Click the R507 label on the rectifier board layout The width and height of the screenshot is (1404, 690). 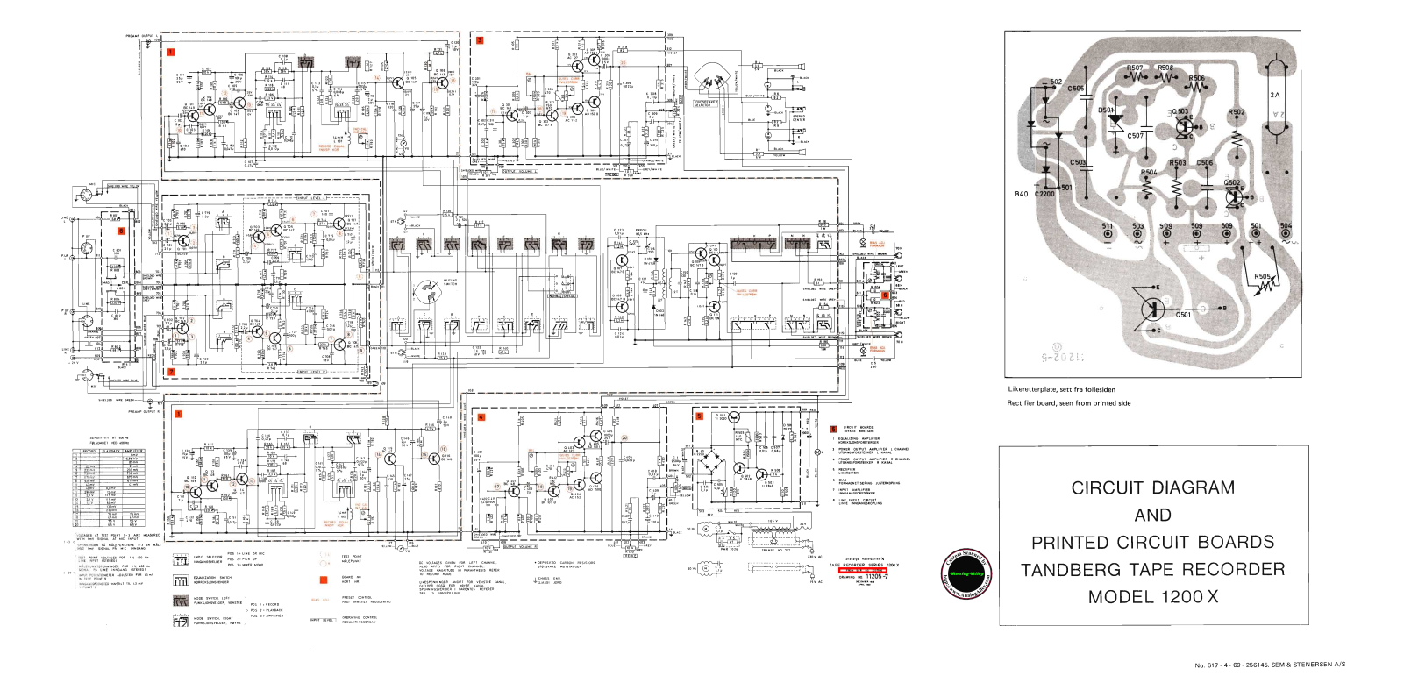click(x=1135, y=68)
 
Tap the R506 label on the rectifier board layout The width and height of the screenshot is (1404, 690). click(x=1196, y=78)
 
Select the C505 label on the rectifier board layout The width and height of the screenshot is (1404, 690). click(x=1076, y=89)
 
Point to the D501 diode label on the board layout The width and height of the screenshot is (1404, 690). click(x=1107, y=111)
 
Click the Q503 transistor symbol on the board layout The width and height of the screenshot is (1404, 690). click(x=1184, y=127)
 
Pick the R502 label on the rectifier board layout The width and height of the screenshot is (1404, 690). click(x=1236, y=112)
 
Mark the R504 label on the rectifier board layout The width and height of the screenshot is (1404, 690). click(x=1149, y=173)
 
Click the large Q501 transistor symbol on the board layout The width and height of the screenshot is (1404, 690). click(x=1151, y=309)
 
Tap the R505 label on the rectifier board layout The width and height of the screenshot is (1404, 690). click(x=1262, y=277)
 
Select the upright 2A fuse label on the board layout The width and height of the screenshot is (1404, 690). click(x=1275, y=95)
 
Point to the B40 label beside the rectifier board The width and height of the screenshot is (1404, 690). click(x=1021, y=194)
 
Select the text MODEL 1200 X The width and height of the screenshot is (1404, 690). click(x=1152, y=597)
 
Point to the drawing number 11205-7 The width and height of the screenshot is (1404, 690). click(x=877, y=577)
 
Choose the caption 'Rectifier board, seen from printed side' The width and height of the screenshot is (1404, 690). click(x=1068, y=403)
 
